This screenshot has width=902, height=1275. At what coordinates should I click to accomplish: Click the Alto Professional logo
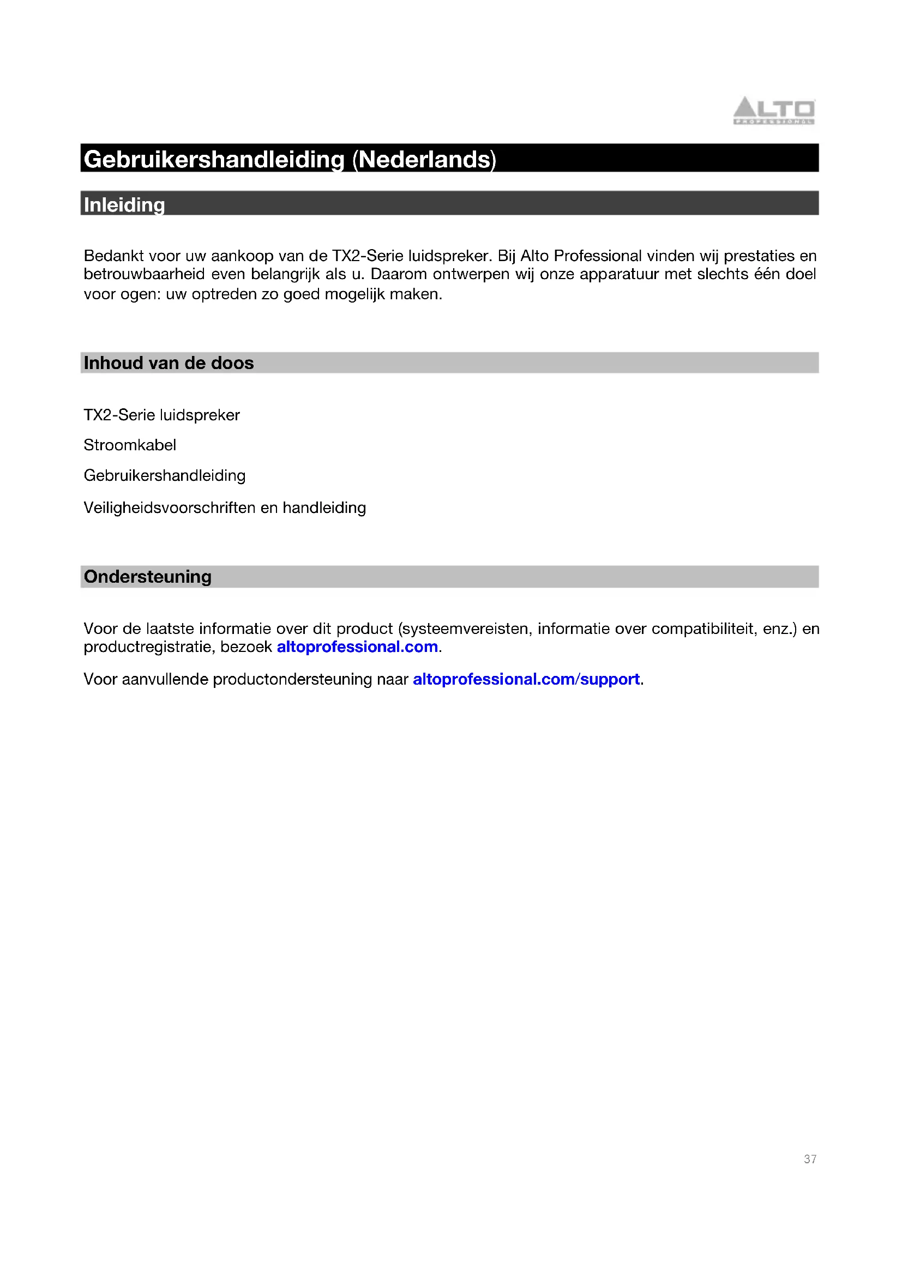click(774, 110)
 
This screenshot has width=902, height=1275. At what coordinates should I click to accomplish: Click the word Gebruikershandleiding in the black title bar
click(214, 159)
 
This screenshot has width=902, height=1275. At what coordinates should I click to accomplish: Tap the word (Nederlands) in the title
click(424, 159)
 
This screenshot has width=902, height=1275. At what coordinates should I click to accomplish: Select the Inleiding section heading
click(124, 204)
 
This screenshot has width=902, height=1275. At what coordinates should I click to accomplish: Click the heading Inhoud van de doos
click(169, 362)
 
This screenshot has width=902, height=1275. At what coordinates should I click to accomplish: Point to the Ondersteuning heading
click(147, 576)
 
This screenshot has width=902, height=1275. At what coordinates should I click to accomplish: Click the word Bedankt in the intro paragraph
click(114, 256)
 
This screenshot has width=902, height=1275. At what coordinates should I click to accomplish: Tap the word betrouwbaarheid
click(145, 274)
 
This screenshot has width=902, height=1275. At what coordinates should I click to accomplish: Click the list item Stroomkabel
click(129, 445)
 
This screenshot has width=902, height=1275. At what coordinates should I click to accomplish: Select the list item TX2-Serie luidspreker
click(161, 415)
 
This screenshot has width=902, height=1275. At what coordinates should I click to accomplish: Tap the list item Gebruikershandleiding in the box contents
click(164, 475)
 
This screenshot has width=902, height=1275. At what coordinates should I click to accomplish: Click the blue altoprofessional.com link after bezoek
click(357, 646)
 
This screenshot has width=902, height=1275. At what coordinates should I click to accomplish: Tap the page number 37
click(810, 1159)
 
